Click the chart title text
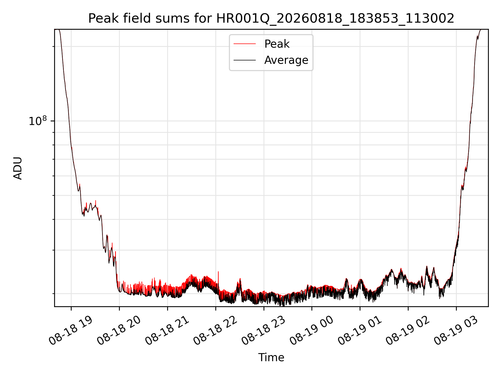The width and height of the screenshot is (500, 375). [x=271, y=18]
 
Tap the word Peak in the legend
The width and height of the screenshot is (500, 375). [x=277, y=44]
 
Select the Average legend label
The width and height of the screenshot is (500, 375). [x=286, y=60]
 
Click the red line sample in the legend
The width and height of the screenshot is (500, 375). [x=245, y=44]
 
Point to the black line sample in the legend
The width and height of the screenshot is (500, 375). [x=245, y=60]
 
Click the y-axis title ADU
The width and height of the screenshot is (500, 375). [x=18, y=168]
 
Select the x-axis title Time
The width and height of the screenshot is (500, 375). [x=271, y=357]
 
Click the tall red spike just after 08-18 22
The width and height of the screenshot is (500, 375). [x=218, y=280]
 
